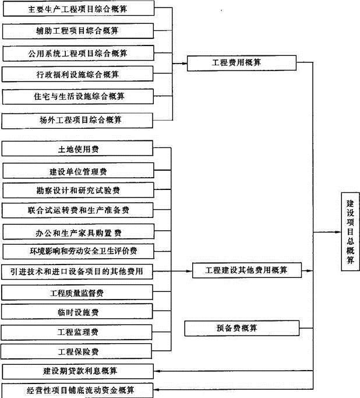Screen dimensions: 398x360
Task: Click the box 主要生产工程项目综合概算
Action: (77, 9)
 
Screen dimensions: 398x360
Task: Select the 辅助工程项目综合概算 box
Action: (77, 30)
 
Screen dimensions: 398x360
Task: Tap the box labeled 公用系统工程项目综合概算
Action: (77, 53)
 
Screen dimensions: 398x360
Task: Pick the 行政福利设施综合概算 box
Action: (77, 75)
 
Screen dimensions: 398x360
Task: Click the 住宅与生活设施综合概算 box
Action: (77, 96)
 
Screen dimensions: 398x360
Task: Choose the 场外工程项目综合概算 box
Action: (77, 119)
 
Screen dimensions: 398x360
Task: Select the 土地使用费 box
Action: (77, 149)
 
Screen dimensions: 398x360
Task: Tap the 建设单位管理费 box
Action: (77, 171)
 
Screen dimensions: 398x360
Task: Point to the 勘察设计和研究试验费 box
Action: (77, 191)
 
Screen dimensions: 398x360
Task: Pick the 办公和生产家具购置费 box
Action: (77, 233)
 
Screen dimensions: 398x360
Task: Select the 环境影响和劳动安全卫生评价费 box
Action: (77, 252)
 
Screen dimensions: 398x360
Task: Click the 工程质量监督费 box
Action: (77, 291)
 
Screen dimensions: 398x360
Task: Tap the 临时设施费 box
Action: (77, 312)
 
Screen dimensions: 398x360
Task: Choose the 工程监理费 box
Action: (77, 332)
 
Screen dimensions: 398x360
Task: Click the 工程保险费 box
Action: (77, 351)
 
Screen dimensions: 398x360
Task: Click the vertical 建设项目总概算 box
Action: (351, 231)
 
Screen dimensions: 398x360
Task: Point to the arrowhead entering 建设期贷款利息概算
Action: (161, 371)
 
